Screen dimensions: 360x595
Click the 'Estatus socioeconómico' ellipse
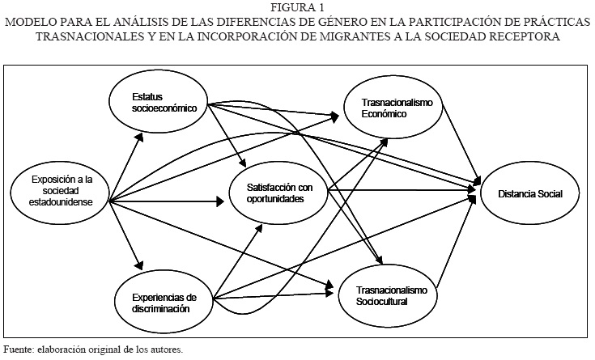159,103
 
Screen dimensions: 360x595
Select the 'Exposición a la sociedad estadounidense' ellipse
58,191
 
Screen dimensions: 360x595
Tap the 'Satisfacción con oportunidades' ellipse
276,192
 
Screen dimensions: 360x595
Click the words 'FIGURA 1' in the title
298,8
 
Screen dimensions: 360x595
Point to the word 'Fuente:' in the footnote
18,349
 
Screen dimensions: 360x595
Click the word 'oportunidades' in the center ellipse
276,197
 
